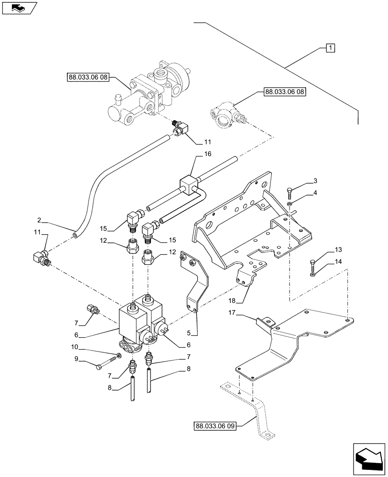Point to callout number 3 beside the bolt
[315, 181]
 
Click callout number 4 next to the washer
[315, 193]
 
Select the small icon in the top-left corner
[19, 7]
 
